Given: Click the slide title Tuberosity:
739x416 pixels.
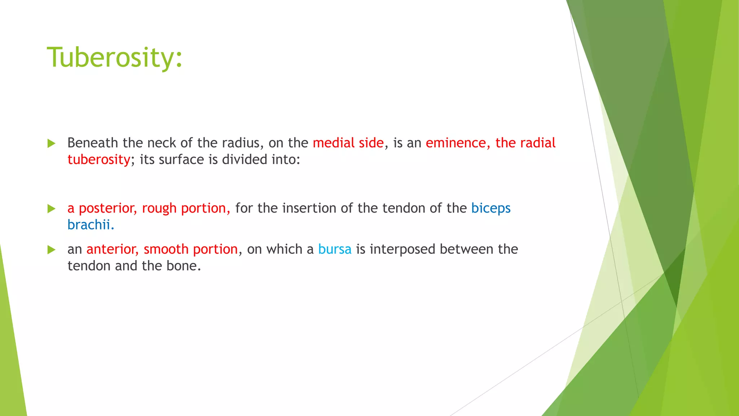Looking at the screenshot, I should point(115,58).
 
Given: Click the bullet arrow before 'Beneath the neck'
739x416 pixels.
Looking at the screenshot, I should point(52,143).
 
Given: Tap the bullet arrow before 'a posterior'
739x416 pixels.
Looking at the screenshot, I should point(52,209).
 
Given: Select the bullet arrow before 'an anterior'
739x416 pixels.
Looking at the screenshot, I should point(52,250).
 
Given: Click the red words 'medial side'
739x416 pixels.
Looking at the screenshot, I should point(348,143).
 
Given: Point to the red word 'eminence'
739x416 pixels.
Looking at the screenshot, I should point(455,143).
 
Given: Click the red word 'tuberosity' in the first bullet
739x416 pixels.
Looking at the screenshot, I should point(99,160).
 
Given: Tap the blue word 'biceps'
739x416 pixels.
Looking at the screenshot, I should point(491,208).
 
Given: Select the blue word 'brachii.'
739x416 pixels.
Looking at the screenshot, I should point(91,225).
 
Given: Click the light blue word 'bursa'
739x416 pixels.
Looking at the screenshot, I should point(334,249).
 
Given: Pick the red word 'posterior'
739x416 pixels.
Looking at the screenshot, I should point(108,208).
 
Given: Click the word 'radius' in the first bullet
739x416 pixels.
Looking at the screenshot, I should point(240,143).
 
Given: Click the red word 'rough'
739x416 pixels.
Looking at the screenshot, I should point(159,208).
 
